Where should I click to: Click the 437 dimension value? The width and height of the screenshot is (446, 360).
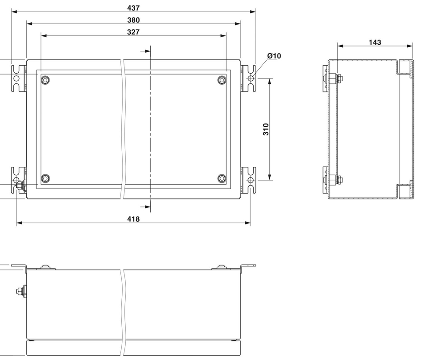tap(133, 8)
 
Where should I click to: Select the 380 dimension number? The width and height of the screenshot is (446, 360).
tap(133, 20)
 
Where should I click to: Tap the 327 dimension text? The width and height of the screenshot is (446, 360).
tap(133, 32)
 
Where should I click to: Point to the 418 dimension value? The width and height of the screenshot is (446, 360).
tap(133, 219)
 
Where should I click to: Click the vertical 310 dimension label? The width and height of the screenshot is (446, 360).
tap(266, 129)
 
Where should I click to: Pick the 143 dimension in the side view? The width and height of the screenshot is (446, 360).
tap(375, 42)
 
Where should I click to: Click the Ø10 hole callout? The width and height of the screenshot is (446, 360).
tap(274, 56)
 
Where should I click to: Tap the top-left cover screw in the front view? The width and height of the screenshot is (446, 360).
tap(45, 80)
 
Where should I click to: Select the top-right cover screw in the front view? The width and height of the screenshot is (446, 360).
tap(222, 80)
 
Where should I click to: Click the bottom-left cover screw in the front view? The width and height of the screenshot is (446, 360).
tap(45, 178)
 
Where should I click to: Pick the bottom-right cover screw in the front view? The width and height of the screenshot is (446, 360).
tap(222, 178)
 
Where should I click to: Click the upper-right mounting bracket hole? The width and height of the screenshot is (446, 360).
tap(251, 79)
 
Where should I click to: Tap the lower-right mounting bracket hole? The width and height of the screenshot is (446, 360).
tap(251, 180)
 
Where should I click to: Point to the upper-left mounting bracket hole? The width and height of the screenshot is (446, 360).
tap(17, 79)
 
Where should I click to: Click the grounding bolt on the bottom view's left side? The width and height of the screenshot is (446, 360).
tap(20, 292)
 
